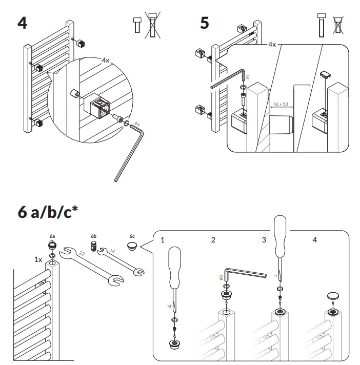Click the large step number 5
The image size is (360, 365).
tap(205, 23)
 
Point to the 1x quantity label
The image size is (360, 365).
tap(38, 259)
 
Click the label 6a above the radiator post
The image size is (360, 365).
tap(52, 236)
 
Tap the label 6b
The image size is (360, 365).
tap(94, 236)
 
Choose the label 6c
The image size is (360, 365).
tap(132, 236)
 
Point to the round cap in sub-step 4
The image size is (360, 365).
tap(334, 296)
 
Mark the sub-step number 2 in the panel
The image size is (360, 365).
tap(213, 239)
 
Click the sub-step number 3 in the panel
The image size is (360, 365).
tap(264, 239)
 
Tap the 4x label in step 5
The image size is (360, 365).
tap(272, 45)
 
